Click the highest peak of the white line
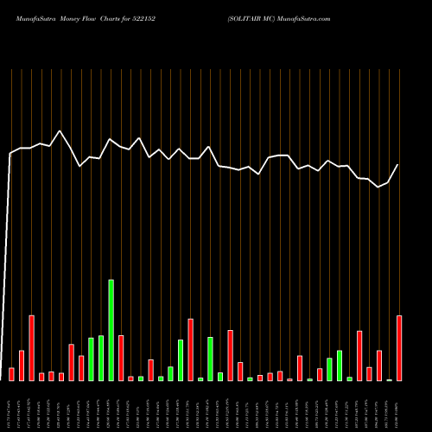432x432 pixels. click(x=60, y=131)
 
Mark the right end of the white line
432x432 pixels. click(x=398, y=164)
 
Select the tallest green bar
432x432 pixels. click(x=111, y=330)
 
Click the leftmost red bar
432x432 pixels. click(x=11, y=374)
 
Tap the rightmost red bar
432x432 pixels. click(x=399, y=348)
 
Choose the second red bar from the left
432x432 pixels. click(x=22, y=365)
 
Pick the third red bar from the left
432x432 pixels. click(x=31, y=348)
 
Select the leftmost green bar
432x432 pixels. click(x=91, y=359)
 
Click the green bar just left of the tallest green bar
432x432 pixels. click(x=101, y=358)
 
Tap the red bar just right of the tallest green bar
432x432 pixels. click(x=121, y=358)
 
